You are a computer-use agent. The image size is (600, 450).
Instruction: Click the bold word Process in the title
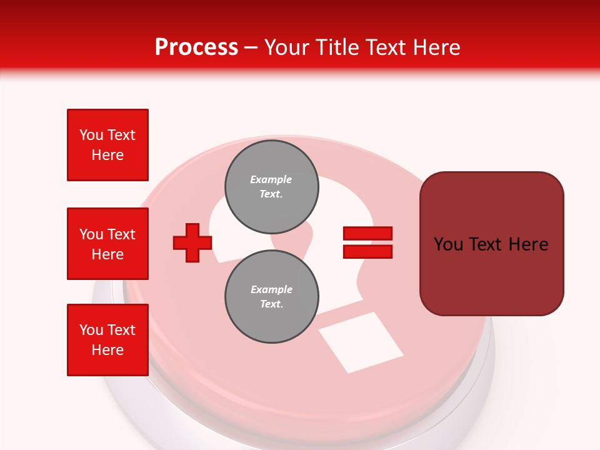coord(196,47)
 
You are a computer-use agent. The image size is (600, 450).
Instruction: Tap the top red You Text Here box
coord(107,145)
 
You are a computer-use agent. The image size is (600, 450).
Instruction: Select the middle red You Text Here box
coord(107,244)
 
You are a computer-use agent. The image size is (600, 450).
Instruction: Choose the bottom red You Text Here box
coord(107,340)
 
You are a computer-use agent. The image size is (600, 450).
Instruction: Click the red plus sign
coord(192,243)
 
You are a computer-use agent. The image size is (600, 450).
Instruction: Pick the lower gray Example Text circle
coord(272,297)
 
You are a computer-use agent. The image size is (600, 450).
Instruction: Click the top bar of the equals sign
coord(367,234)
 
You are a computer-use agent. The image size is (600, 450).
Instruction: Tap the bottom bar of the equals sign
coord(367,252)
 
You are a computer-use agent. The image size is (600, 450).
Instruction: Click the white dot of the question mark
coord(361,342)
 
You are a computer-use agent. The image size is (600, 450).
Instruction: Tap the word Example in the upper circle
coord(271,179)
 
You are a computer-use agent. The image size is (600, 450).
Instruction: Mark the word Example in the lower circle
coord(271,289)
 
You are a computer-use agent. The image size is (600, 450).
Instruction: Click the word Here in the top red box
coord(107,155)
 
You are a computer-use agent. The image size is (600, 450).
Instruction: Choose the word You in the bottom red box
coord(91,330)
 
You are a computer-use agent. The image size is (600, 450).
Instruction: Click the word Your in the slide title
coord(286,47)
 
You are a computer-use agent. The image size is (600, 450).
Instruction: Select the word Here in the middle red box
coord(107,254)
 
